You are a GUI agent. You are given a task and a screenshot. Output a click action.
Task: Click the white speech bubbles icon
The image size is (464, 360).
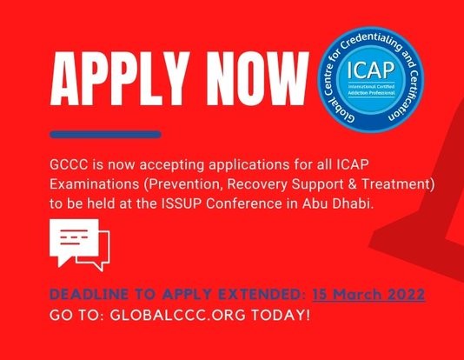point(78,245)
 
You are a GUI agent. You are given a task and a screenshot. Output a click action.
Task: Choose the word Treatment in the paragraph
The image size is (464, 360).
point(396,184)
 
